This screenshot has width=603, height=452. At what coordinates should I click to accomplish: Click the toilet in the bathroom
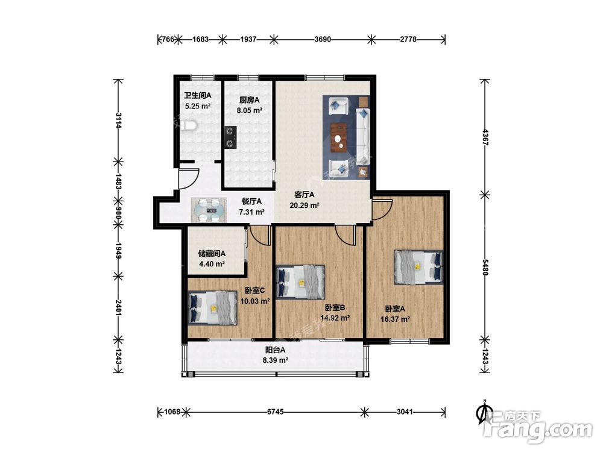point(189,126)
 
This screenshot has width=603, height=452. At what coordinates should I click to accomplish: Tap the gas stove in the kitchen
point(230,137)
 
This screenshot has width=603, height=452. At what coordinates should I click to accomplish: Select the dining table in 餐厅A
point(209,210)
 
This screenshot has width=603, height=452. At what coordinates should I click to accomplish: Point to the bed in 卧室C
point(213,308)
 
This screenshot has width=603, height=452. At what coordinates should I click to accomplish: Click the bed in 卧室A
point(418,268)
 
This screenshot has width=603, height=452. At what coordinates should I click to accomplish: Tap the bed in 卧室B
point(301,281)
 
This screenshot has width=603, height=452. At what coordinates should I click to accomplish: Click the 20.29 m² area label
point(304,206)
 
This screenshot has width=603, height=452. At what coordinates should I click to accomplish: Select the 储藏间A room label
point(212,253)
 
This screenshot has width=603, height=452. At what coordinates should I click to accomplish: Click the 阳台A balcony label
point(276,350)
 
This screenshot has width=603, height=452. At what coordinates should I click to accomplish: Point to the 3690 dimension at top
point(322,39)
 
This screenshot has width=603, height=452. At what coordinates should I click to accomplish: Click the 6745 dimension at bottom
point(276,412)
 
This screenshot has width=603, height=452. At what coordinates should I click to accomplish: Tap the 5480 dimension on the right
point(485,268)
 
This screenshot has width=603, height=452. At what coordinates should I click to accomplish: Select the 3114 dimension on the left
point(118,121)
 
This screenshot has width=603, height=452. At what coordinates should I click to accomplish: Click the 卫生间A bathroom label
point(197,95)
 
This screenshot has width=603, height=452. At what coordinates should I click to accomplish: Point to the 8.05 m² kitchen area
point(249,110)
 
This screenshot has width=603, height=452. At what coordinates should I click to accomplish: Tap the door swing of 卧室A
point(382,210)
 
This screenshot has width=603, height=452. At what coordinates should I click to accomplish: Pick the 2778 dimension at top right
point(408,39)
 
